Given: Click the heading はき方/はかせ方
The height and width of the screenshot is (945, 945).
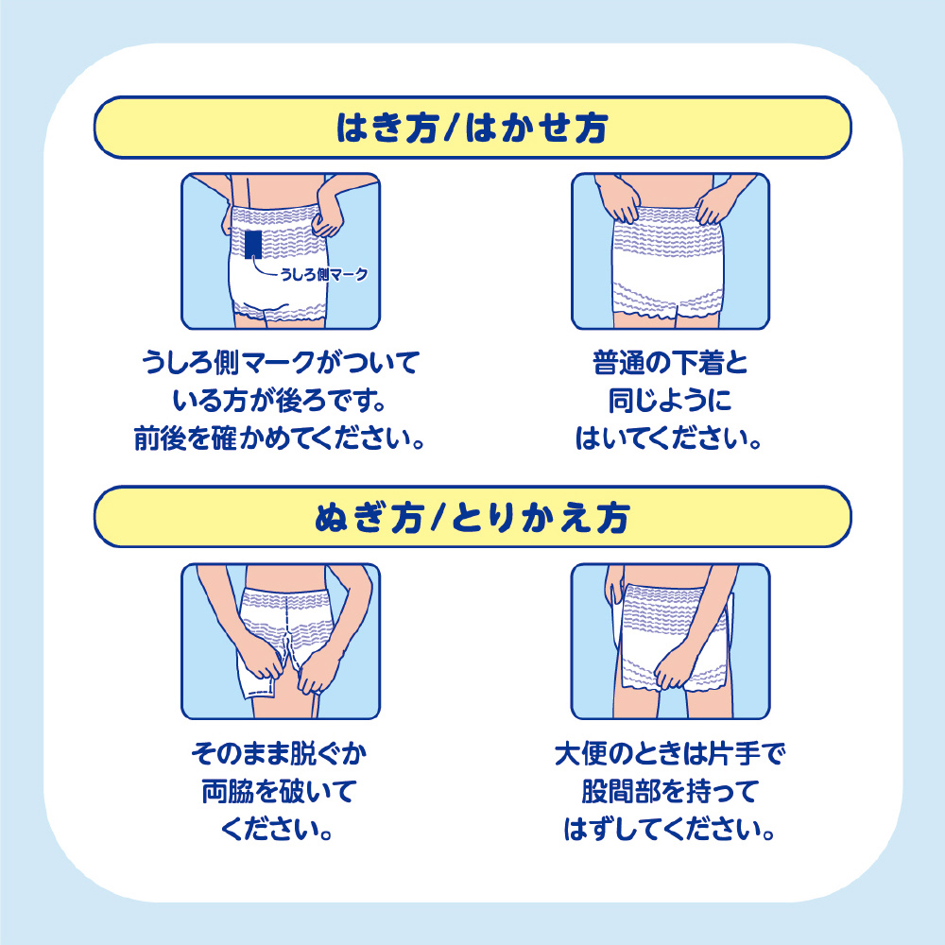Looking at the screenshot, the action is [x=472, y=128].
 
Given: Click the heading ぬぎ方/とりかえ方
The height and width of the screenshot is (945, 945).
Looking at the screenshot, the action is [x=472, y=518].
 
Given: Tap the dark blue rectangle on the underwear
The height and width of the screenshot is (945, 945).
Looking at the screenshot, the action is [x=253, y=244].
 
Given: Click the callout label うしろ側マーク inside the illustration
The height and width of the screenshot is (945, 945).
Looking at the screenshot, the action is [x=323, y=274].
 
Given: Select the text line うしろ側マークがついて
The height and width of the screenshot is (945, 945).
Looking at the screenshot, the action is [x=281, y=363].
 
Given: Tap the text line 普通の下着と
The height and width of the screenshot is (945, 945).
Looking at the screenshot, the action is [x=670, y=363].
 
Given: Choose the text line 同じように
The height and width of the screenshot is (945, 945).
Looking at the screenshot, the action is [x=670, y=401].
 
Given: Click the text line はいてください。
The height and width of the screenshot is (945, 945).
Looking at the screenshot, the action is [x=670, y=438].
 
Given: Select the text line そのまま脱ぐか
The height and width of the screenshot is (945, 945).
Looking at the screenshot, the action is [x=279, y=753].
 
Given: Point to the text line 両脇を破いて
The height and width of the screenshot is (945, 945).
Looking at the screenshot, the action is [x=279, y=791].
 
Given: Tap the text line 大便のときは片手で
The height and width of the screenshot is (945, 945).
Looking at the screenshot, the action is [x=670, y=753].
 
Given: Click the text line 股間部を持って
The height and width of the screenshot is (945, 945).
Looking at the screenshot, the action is [x=670, y=791].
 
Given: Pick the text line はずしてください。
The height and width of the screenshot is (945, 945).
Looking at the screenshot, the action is [x=670, y=830].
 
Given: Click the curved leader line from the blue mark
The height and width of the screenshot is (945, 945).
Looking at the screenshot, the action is [x=261, y=270].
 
